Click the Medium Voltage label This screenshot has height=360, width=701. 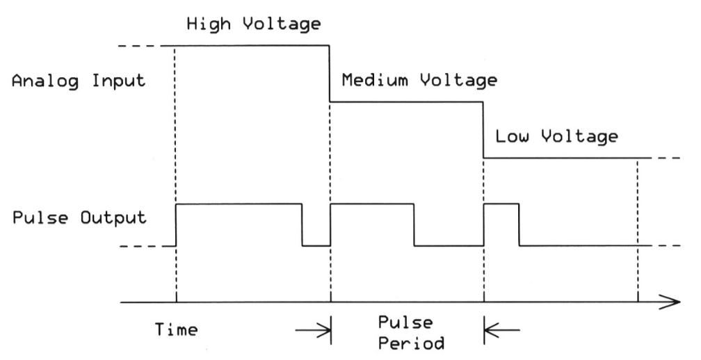tap(419, 81)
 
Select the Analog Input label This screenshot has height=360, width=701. tap(78, 81)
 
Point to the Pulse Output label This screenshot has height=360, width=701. tap(78, 217)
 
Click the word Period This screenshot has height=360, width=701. tap(407, 343)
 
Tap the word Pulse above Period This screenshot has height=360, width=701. tap(407, 324)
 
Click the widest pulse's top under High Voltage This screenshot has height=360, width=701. tap(239, 204)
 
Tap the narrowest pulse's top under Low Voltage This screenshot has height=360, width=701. tap(501, 204)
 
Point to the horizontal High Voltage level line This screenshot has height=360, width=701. tap(250, 46)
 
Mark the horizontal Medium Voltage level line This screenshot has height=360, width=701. tap(406, 102)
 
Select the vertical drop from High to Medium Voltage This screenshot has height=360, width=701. tap(330, 74)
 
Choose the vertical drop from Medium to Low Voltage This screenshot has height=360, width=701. tap(483, 130)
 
